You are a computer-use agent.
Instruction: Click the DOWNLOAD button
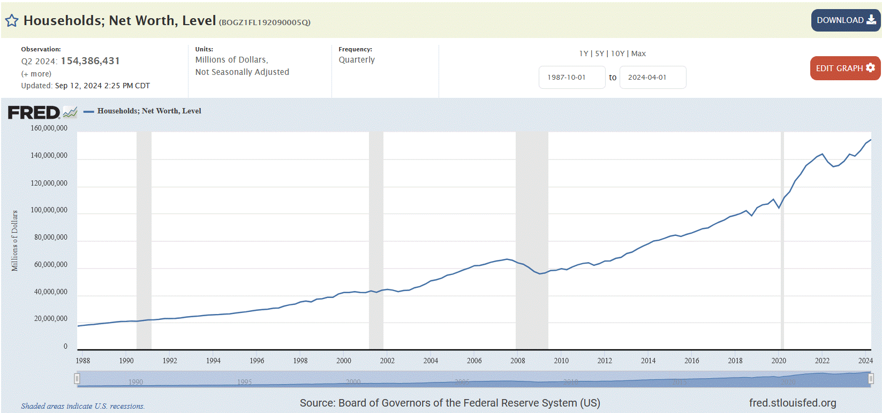(x=845, y=20)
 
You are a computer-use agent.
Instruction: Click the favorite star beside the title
(x=12, y=21)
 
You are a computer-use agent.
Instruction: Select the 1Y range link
(x=583, y=53)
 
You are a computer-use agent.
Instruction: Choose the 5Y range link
(x=599, y=53)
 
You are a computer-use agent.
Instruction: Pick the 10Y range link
(x=617, y=53)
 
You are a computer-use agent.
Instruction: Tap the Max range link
(x=638, y=53)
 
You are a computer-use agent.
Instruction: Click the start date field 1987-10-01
(x=571, y=78)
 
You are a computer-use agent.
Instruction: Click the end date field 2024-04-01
(x=652, y=78)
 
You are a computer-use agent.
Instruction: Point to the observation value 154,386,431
(x=90, y=61)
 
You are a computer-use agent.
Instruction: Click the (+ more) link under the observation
(x=36, y=74)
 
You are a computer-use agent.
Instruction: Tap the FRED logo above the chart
(x=34, y=112)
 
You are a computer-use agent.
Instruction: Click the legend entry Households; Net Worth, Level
(x=149, y=111)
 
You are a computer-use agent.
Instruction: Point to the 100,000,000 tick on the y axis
(x=49, y=210)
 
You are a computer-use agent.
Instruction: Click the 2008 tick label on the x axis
(x=517, y=361)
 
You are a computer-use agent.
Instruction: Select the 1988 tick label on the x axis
(x=83, y=361)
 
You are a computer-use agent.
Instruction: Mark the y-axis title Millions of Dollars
(x=15, y=241)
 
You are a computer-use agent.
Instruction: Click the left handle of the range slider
(x=77, y=379)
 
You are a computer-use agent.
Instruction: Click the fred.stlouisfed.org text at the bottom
(x=792, y=403)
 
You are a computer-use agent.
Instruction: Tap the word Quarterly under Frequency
(x=357, y=60)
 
